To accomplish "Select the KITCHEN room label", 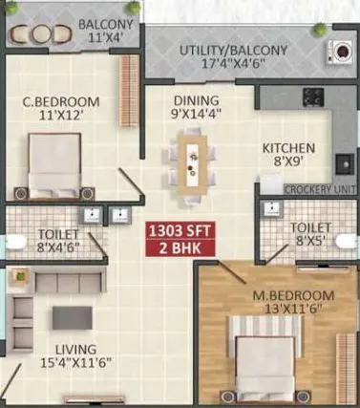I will [289, 148].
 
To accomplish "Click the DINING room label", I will [196, 100].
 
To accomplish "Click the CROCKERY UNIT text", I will [320, 189].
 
